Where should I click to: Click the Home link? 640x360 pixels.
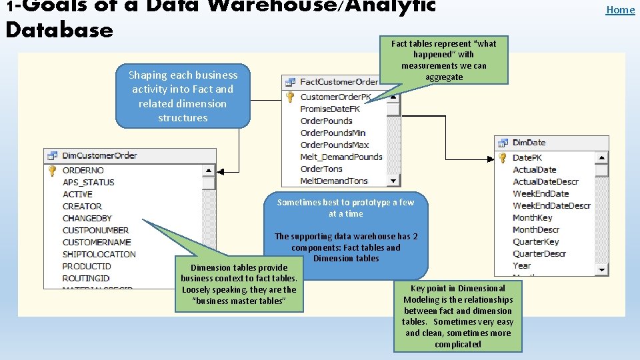click(x=620, y=9)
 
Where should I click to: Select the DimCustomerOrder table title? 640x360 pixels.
click(x=99, y=155)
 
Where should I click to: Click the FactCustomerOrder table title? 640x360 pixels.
click(x=339, y=82)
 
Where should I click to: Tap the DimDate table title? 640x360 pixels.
click(x=529, y=143)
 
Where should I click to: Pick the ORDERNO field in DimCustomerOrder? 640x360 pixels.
click(x=83, y=170)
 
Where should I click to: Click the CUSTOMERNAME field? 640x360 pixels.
click(x=97, y=242)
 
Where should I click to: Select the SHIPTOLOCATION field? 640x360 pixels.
click(x=99, y=254)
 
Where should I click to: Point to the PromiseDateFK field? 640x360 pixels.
click(x=331, y=109)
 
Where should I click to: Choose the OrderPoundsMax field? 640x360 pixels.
click(x=335, y=145)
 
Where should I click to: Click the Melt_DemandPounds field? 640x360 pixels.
click(x=341, y=157)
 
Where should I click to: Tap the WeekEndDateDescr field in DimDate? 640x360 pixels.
click(x=551, y=205)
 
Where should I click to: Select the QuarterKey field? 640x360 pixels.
click(x=535, y=241)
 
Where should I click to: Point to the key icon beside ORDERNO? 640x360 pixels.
click(x=52, y=171)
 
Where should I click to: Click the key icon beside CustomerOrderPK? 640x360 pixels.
click(x=290, y=97)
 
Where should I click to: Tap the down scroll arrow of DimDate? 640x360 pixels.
click(x=602, y=269)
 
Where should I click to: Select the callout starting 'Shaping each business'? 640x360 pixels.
click(x=183, y=96)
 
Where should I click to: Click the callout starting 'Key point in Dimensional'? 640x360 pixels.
click(x=458, y=316)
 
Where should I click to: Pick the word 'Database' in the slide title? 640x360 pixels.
click(x=59, y=30)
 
